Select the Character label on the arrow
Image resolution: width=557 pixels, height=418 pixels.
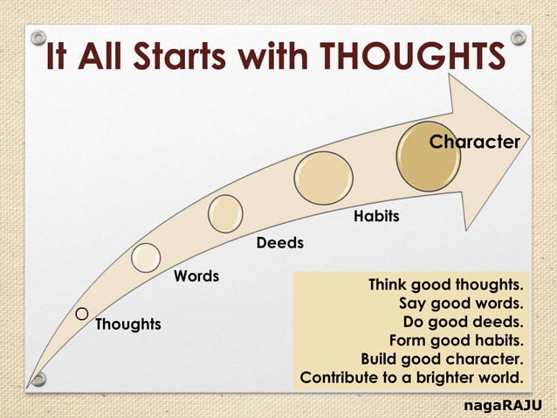coord(474,141)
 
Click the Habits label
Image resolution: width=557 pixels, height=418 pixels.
coord(376,216)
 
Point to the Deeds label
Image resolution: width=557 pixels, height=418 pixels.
coord(279,243)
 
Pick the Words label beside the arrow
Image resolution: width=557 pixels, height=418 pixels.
coord(196,276)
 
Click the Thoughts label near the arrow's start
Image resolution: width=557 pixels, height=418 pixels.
coord(127,324)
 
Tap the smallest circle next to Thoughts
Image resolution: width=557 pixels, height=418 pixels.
coord(81,313)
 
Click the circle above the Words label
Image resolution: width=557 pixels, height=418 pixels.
coord(146,256)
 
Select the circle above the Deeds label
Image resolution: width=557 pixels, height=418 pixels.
coord(226,213)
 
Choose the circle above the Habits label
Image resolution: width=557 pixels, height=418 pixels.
coord(323,178)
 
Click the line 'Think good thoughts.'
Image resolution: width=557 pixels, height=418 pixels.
coord(446,285)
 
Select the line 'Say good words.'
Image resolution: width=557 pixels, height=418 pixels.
coord(461,303)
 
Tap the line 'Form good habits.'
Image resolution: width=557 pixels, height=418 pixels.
coord(456,341)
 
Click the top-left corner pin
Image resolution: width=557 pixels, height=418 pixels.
coord(38,38)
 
